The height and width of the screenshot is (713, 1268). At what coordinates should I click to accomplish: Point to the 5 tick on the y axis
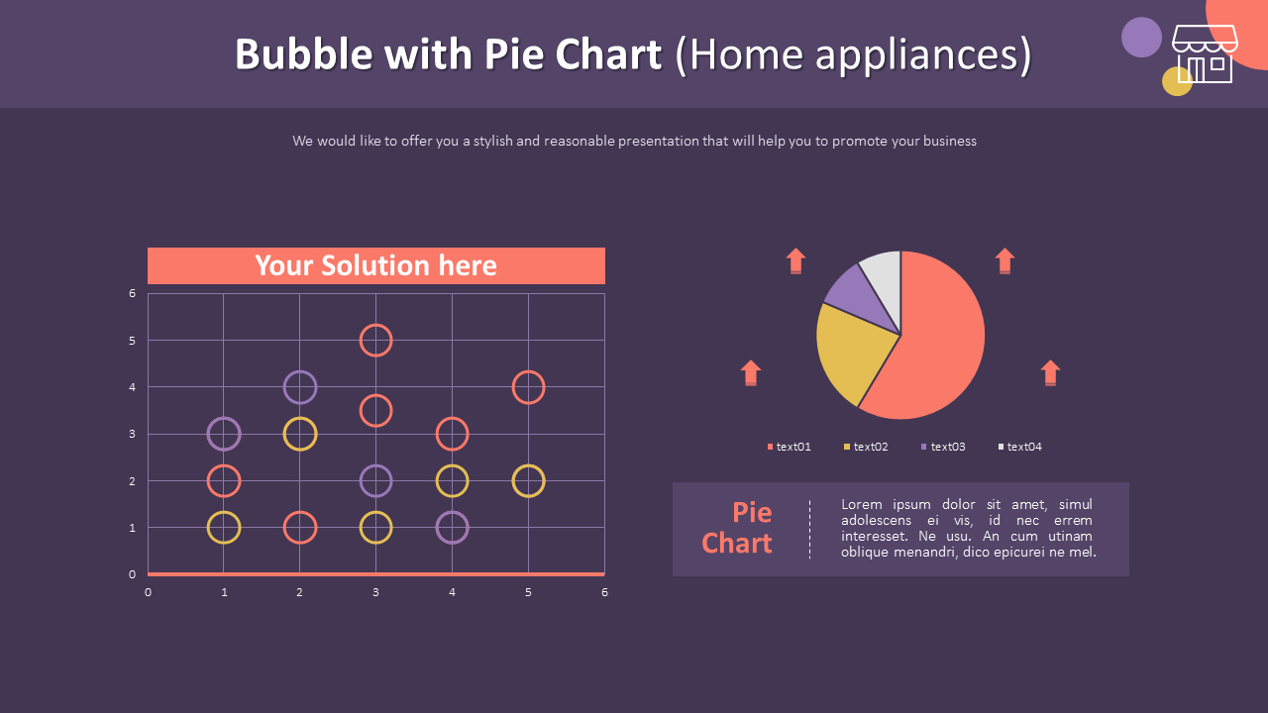(132, 341)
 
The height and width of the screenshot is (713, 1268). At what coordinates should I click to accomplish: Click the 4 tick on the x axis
(452, 592)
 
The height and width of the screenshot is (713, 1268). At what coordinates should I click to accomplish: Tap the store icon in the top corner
(1204, 54)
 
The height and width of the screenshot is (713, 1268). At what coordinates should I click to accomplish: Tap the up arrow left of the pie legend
(751, 372)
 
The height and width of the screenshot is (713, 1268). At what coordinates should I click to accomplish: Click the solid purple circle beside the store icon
(1141, 38)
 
